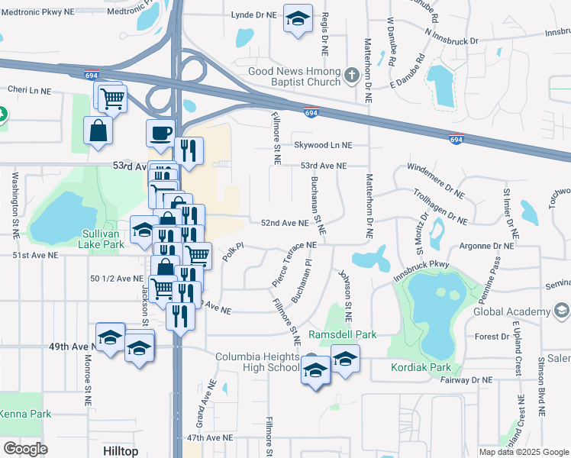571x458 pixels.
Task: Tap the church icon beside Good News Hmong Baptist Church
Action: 352,75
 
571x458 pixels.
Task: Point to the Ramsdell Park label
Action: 343,334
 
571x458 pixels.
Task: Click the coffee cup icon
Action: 160,133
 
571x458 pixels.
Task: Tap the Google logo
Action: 25,448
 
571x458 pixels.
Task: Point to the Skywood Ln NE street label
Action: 324,144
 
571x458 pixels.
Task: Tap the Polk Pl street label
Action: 233,252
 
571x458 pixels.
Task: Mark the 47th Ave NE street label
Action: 210,438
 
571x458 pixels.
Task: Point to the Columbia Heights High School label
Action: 257,362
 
